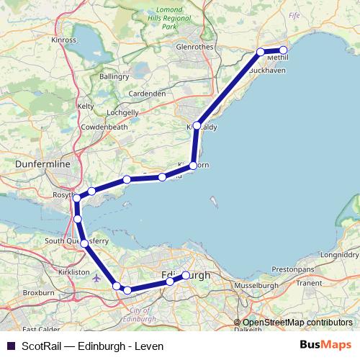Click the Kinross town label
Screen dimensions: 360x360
63,40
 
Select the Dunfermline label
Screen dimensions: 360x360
42,165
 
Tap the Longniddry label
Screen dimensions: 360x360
338,254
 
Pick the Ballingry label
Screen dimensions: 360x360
114,76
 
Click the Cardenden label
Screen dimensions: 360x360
147,94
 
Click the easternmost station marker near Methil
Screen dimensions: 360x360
283,50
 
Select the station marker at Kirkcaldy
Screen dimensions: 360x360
197,125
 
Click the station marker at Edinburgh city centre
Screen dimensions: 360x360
186,275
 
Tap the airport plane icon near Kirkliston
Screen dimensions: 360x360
97,279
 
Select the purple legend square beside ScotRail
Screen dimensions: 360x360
11,346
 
